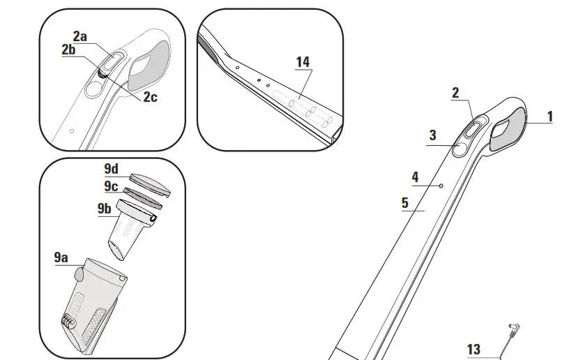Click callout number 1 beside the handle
(550, 117)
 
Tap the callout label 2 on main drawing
(455, 92)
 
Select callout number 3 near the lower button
(432, 135)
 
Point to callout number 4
(416, 177)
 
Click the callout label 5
(405, 203)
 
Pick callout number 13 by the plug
(473, 348)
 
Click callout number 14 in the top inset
(303, 62)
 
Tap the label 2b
(68, 50)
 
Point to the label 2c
(150, 97)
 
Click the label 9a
(62, 257)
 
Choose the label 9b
(104, 209)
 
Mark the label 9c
(111, 186)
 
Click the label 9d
(112, 170)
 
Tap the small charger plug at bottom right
(515, 328)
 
